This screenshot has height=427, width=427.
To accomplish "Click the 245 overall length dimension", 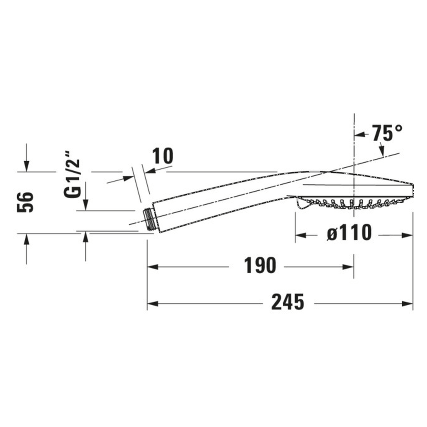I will [x=288, y=302].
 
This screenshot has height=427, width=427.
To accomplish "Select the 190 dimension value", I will [x=260, y=266].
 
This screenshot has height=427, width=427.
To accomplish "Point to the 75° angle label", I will [x=387, y=133].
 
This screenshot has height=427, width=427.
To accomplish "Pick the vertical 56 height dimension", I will [x=26, y=202].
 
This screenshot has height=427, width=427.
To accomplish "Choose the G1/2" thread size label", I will [x=73, y=173].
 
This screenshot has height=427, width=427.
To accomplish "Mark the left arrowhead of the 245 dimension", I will [x=152, y=304].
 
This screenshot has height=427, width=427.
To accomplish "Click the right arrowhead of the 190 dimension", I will [x=349, y=267].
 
